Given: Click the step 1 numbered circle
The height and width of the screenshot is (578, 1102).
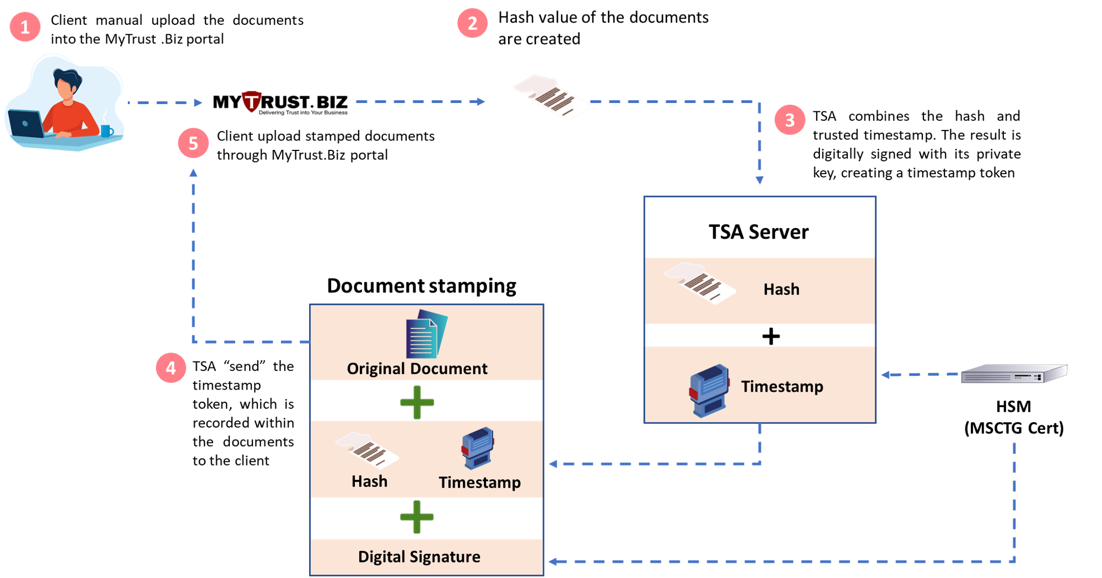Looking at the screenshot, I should point(25,27).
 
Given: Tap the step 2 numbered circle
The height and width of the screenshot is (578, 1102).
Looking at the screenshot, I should point(472,23).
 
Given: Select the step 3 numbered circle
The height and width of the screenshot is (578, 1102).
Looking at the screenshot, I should point(790,120).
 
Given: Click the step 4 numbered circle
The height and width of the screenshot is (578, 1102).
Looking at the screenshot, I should point(171,368).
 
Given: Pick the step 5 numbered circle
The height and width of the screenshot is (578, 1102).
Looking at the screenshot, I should point(193,143).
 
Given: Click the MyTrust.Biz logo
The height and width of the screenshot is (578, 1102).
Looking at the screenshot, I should point(280,103).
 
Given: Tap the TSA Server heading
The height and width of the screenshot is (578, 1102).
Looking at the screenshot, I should point(758,232).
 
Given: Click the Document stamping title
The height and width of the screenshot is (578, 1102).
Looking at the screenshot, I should point(422,286).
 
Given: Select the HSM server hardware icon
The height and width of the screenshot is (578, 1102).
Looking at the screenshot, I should point(1013,374).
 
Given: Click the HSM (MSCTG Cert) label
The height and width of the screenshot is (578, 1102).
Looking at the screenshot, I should point(1014,418).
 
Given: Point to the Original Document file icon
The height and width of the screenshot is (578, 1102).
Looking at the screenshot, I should point(426,334).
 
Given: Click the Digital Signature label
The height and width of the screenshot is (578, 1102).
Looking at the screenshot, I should point(419,557).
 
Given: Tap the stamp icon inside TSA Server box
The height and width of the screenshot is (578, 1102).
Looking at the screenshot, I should point(709,390).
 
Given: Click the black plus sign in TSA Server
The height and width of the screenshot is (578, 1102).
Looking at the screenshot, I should point(771,336).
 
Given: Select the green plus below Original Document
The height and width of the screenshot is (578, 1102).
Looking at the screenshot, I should point(417,402).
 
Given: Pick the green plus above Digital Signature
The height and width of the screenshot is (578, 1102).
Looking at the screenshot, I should point(417,517).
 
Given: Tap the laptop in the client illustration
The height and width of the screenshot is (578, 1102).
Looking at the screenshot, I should point(25,125).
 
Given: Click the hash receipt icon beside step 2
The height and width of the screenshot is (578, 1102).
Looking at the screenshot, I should point(551,97).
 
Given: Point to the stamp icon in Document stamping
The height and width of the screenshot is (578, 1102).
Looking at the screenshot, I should point(478,447).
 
